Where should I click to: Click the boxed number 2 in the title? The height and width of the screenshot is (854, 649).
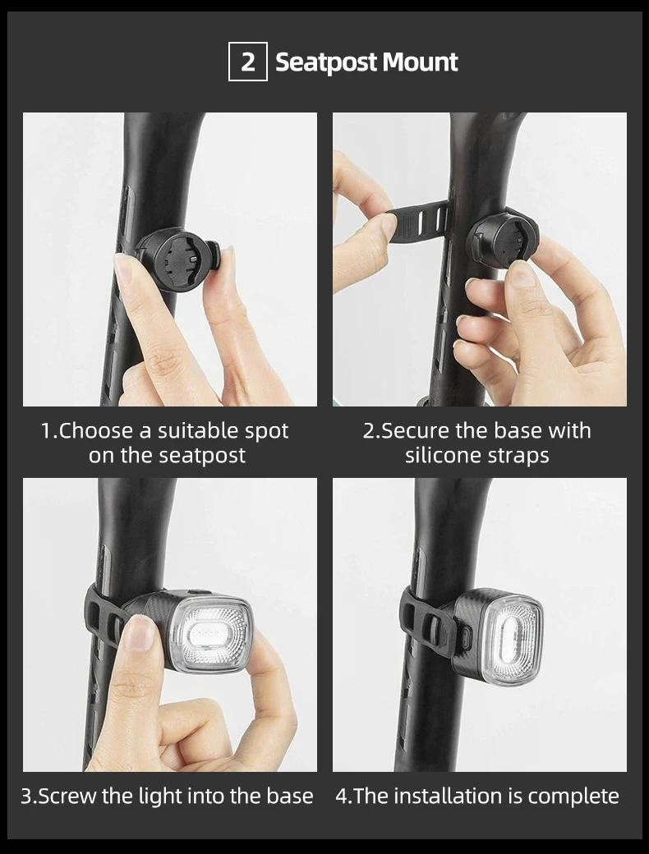click(x=247, y=62)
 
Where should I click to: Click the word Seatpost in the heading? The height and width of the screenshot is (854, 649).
click(x=326, y=62)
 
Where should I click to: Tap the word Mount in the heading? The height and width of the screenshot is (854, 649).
click(x=420, y=62)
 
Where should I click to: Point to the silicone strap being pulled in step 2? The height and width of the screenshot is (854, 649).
click(x=415, y=222)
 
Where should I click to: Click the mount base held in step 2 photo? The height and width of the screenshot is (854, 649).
click(x=502, y=240)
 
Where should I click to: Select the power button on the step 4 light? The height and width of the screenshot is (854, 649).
click(x=465, y=638)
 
